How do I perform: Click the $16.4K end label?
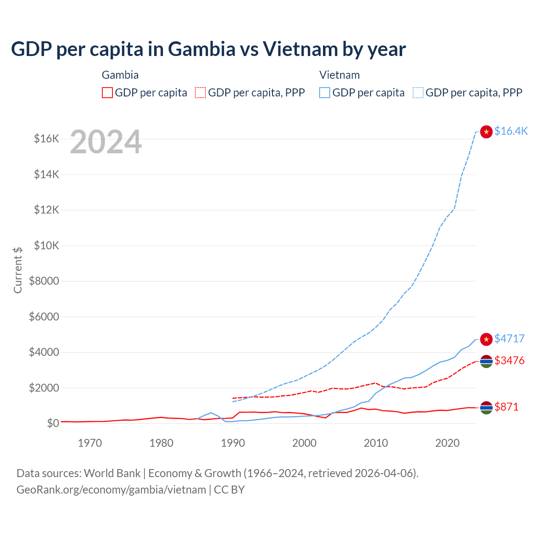click(x=511, y=131)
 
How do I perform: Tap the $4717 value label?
click(x=510, y=339)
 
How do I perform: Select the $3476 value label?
click(x=510, y=360)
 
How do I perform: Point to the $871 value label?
click(x=507, y=407)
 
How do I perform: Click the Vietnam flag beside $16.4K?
click(x=486, y=132)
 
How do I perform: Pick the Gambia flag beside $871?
click(x=486, y=408)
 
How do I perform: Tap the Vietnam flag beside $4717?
click(x=486, y=339)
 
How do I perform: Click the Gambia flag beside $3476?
click(x=486, y=361)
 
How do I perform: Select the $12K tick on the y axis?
click(x=46, y=210)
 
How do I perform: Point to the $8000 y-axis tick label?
click(x=44, y=281)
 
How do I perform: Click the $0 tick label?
click(x=53, y=423)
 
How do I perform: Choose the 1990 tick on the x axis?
click(x=233, y=443)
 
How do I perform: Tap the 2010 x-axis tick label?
click(x=376, y=443)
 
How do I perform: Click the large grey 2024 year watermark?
click(x=106, y=142)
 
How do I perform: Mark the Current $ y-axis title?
click(x=18, y=270)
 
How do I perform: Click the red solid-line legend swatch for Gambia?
click(x=107, y=93)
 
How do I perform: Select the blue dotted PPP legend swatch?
click(x=418, y=93)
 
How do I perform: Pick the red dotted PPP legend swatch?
click(x=200, y=93)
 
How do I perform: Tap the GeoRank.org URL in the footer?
click(x=111, y=490)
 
